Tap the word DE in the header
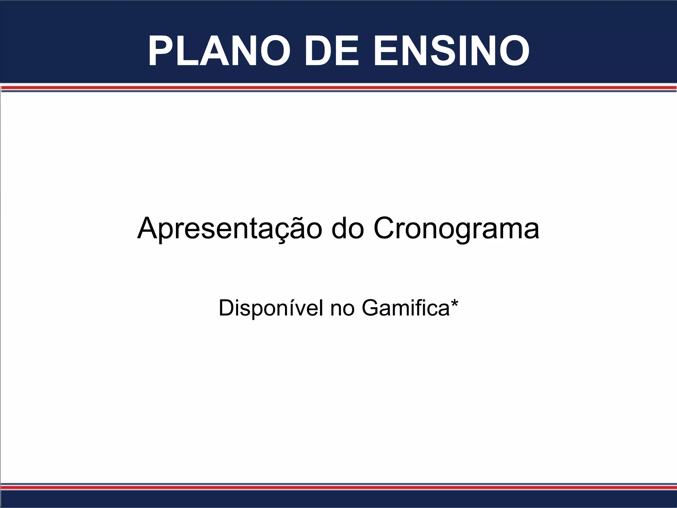click(x=331, y=51)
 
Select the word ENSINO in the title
click(x=451, y=51)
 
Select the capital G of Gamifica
click(x=370, y=308)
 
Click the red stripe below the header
click(x=338, y=88)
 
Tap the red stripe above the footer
click(x=338, y=487)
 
